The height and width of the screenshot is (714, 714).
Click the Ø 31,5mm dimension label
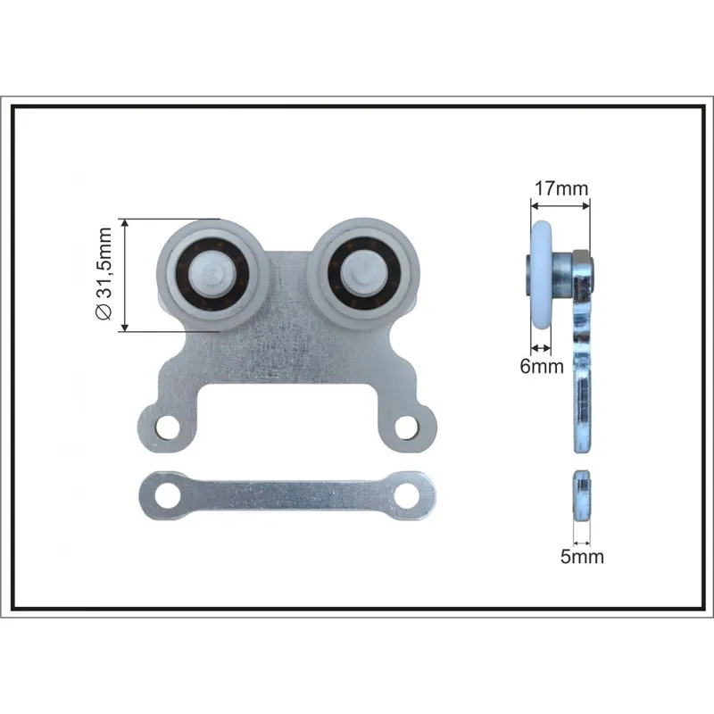[x=104, y=273]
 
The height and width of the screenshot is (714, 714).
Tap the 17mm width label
[x=561, y=188]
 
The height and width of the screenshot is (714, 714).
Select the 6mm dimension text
[x=542, y=366]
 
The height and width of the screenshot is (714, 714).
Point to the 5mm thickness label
[x=582, y=556]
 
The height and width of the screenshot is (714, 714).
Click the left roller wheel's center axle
[x=212, y=275]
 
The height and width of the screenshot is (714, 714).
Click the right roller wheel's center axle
[x=363, y=275]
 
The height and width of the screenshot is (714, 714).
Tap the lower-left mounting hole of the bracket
[x=168, y=428]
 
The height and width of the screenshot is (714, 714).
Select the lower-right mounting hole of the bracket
[x=407, y=428]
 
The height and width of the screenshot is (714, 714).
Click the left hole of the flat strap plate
[x=167, y=495]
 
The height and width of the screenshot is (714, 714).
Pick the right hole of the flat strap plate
[x=407, y=495]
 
